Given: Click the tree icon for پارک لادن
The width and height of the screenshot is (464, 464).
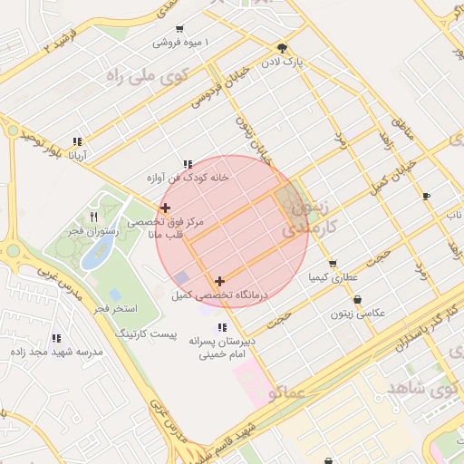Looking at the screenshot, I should [283, 48].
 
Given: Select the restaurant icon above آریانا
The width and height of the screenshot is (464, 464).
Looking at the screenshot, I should [77, 141].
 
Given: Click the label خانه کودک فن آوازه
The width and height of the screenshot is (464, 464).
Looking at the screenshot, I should [188, 178].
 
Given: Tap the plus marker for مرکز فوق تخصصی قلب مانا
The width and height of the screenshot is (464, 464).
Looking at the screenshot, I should [165, 208].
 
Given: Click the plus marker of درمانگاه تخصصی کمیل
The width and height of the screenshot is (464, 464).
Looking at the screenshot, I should [219, 282].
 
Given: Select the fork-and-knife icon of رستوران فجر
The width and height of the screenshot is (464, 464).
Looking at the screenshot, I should [94, 217].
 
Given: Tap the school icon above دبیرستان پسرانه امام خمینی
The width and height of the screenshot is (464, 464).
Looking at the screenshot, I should [221, 327].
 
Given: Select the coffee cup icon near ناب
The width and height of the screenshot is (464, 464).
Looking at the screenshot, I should [426, 196].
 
